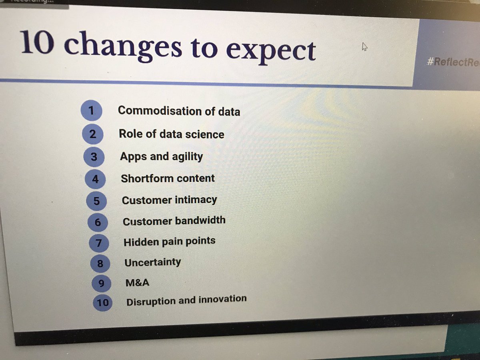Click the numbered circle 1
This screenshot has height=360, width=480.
91,110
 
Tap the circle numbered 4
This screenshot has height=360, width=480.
95,179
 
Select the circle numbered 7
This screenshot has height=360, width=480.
99,242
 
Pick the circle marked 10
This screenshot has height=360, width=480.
102,302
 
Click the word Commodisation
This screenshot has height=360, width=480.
160,110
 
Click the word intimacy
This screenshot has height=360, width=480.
194,200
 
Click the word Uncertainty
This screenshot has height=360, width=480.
153,262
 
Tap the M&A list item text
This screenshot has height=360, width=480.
137,283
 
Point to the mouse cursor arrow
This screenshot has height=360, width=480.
364,46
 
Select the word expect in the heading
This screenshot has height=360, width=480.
270,51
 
